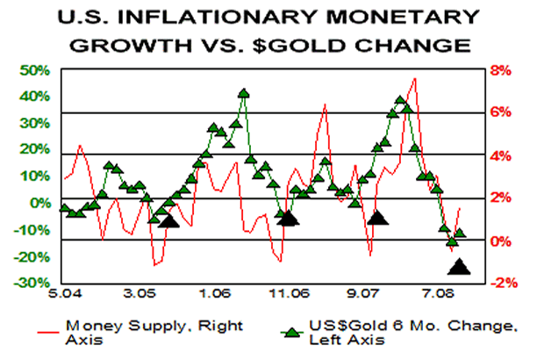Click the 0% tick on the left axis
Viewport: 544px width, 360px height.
(39, 203)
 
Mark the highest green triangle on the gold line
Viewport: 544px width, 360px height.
(244, 92)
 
